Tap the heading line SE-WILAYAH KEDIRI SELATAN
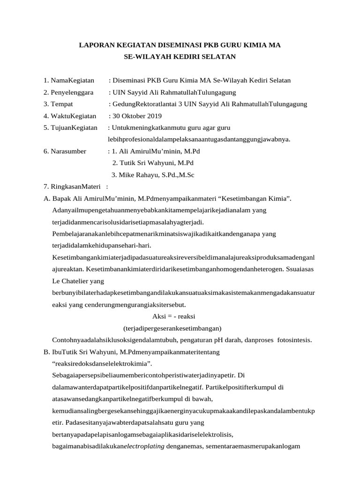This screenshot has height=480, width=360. coord(180,57)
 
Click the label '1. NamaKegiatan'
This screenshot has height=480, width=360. coord(69,80)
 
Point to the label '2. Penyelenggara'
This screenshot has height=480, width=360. coord(68,92)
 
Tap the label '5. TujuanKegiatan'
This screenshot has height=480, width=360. coord(70,127)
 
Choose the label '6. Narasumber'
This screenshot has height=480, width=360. coord(65,151)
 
